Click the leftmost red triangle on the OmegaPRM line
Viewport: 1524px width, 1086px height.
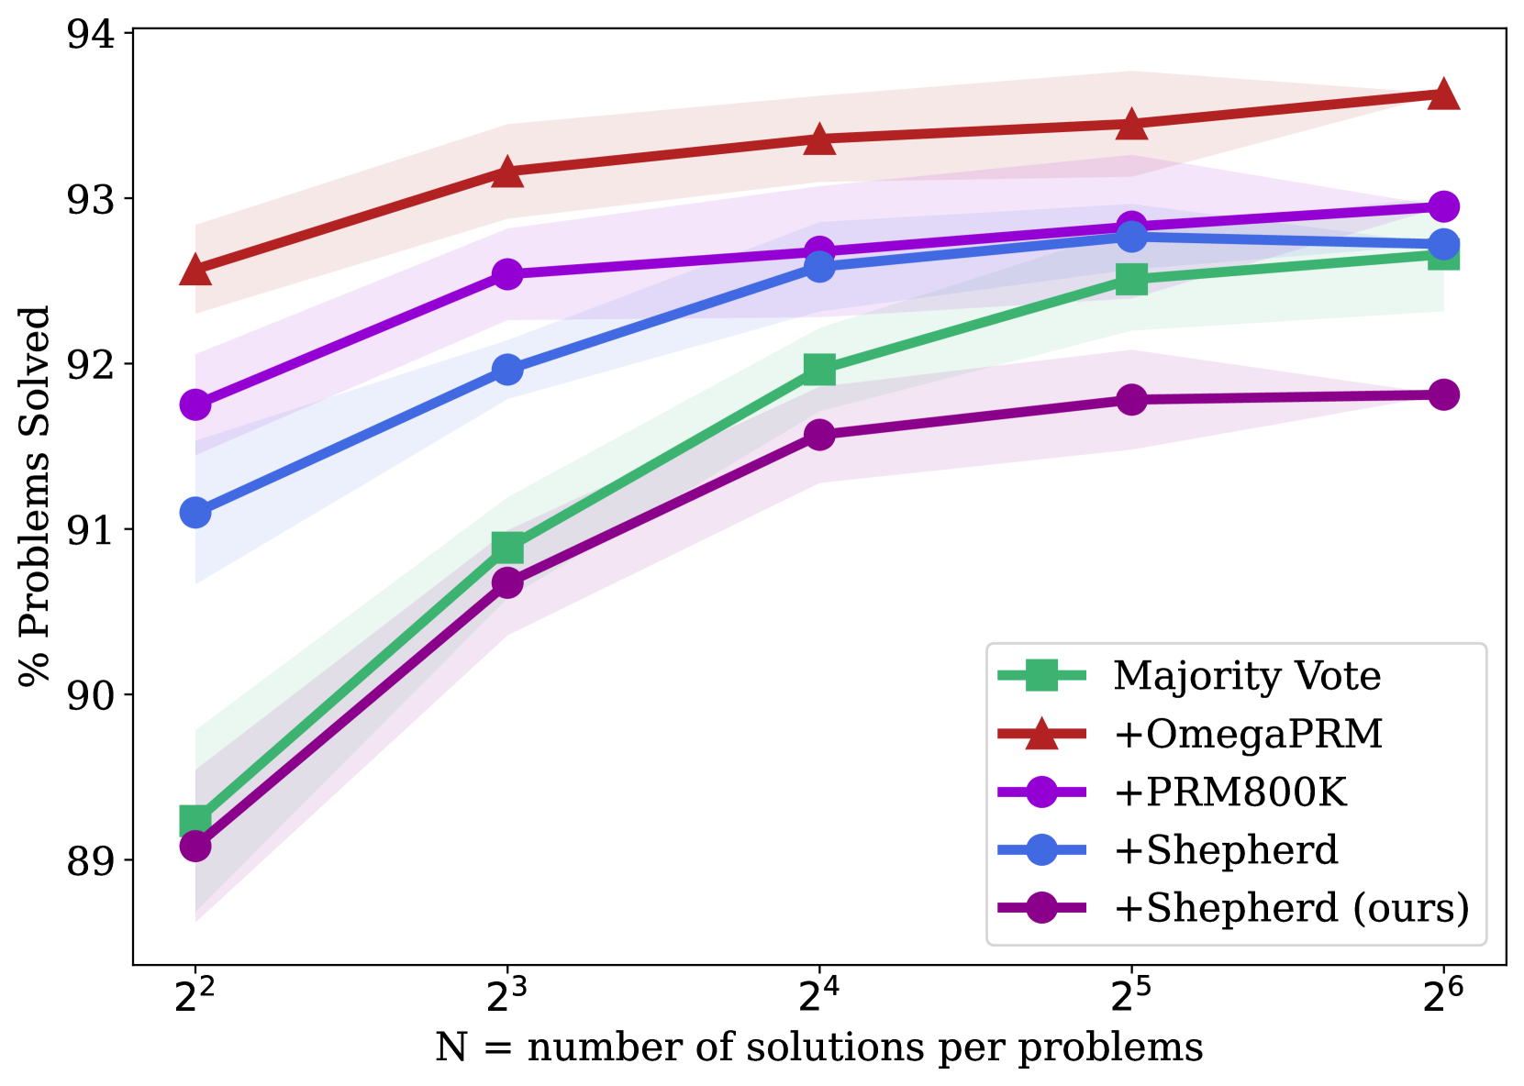[x=195, y=271]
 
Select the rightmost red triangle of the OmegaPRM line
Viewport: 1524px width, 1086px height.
[x=1443, y=94]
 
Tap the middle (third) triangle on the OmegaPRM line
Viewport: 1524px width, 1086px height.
[x=819, y=139]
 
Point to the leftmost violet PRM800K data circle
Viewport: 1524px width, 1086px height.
[x=195, y=404]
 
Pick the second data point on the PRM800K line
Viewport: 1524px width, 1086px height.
[x=507, y=273]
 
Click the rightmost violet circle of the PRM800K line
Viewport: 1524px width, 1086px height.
[x=1443, y=206]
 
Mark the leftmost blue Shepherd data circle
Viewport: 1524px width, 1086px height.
[x=195, y=512]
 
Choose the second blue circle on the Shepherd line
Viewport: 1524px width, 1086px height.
[x=507, y=370]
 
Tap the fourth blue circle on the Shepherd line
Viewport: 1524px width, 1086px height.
[x=1132, y=236]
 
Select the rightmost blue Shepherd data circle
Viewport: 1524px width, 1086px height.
[x=1443, y=244]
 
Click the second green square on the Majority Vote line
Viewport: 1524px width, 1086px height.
[x=507, y=548]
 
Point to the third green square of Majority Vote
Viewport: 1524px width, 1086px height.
[x=819, y=369]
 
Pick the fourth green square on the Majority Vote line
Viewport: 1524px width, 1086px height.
[x=1132, y=279]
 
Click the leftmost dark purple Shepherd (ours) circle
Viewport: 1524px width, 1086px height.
[x=195, y=845]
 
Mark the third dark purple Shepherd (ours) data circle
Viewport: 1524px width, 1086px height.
[x=819, y=434]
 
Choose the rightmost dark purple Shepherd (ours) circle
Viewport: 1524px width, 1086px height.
[x=1443, y=395]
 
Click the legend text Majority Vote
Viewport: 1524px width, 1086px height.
[x=1247, y=677]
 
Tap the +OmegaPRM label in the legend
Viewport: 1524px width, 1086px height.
[x=1248, y=735]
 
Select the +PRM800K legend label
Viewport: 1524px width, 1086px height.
[x=1229, y=792]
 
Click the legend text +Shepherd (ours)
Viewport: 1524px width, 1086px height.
[x=1291, y=908]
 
